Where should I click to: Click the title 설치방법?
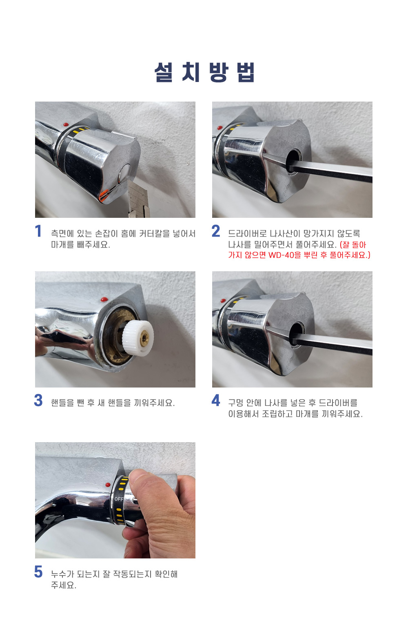click(x=204, y=72)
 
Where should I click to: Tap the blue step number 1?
click(x=38, y=231)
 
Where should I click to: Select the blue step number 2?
click(x=216, y=231)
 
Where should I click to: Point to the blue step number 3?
click(x=38, y=401)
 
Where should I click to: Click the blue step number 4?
click(x=216, y=401)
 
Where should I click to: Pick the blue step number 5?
click(x=38, y=572)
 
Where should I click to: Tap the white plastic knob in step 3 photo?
click(x=138, y=337)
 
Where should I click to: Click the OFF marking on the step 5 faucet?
click(x=119, y=499)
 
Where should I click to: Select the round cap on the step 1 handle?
click(x=125, y=172)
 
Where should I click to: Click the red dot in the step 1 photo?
click(x=66, y=124)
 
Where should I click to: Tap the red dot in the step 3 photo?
click(x=104, y=300)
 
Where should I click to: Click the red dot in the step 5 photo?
click(x=108, y=485)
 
